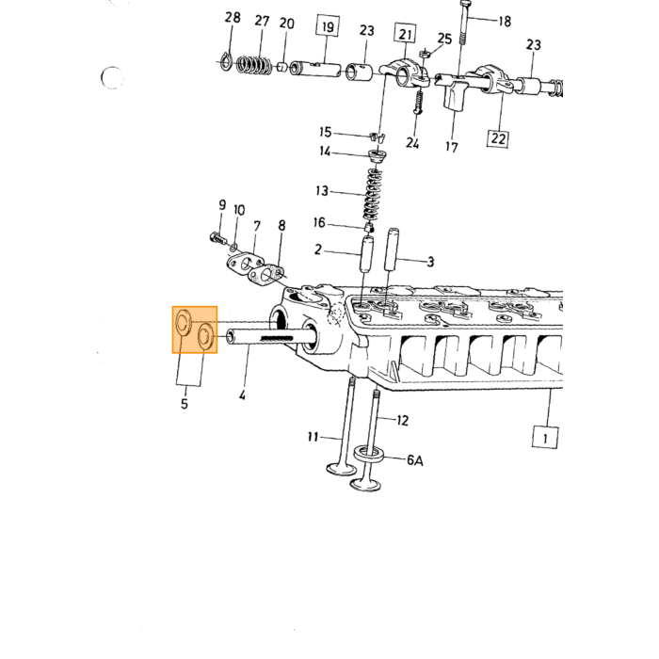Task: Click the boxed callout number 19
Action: tap(328, 26)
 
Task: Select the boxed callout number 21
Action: tap(405, 34)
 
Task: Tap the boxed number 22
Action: tap(498, 138)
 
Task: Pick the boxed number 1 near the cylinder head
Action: tap(545, 438)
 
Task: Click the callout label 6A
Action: tap(415, 460)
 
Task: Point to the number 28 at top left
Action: tap(233, 18)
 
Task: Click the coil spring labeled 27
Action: tap(253, 65)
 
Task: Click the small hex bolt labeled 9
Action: tap(217, 239)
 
